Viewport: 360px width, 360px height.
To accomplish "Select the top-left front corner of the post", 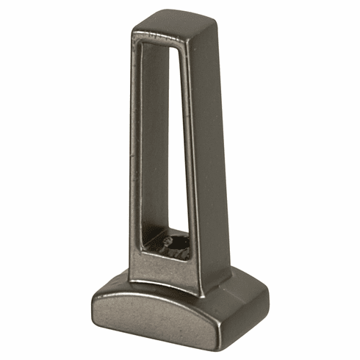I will [133, 32].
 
